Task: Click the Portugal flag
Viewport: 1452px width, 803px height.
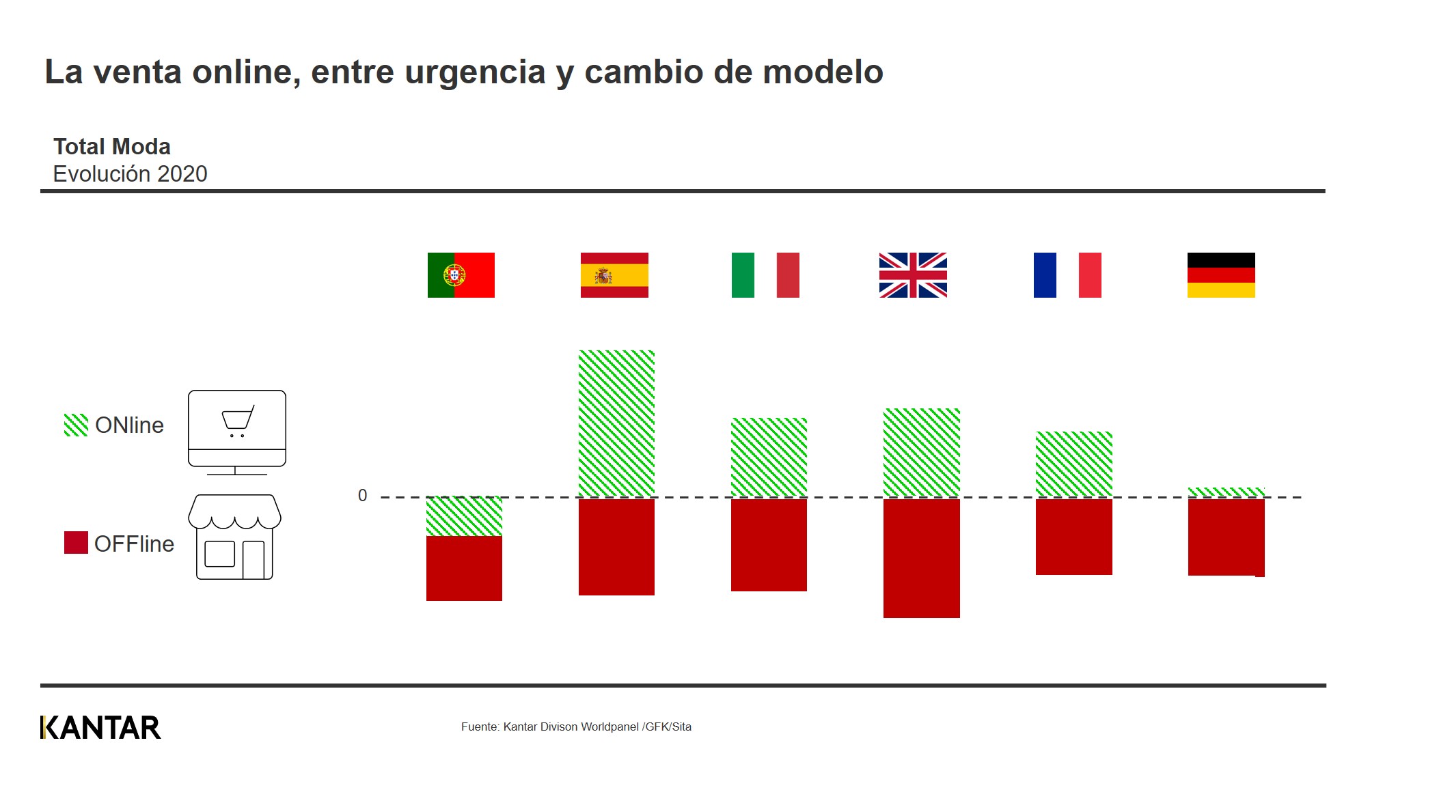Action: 461,275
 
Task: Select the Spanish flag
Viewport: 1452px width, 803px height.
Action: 614,275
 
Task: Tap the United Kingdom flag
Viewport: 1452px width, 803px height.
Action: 913,275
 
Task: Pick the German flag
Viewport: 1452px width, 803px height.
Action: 1221,275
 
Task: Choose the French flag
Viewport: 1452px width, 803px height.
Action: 1067,275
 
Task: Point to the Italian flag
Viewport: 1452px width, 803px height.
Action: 765,275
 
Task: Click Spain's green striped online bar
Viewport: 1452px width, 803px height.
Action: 616,423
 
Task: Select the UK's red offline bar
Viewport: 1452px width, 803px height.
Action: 921,558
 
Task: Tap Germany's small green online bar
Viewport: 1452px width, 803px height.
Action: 1226,492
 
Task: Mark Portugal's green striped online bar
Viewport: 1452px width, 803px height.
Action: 464,516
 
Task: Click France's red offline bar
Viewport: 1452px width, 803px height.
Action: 1073,537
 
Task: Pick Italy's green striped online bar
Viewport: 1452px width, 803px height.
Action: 769,457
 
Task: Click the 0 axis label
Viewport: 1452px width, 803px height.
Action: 362,496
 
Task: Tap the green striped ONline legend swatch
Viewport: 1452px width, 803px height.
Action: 76,425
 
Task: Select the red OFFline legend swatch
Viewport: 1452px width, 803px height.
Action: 76,543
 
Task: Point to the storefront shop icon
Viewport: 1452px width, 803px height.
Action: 234,537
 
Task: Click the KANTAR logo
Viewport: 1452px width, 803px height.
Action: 100,728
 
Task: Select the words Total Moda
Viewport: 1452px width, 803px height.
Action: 112,147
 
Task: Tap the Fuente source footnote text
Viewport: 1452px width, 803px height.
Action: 576,727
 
